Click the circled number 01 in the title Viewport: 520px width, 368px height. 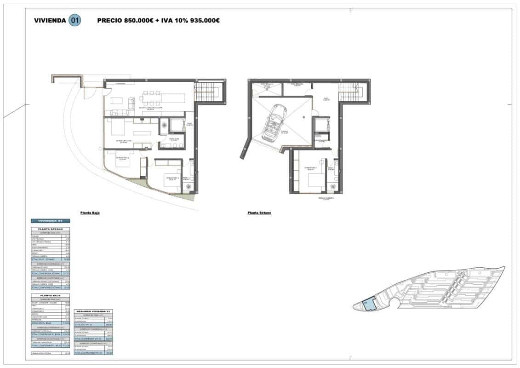click(x=74, y=20)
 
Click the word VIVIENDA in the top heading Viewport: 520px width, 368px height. click(x=50, y=21)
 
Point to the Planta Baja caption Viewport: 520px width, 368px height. click(x=90, y=213)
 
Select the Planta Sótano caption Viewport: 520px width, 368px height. click(x=259, y=213)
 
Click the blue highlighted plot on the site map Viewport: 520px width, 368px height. click(x=369, y=304)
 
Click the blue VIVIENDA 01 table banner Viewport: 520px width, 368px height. click(x=50, y=221)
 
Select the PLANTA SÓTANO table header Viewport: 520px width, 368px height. click(x=50, y=229)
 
